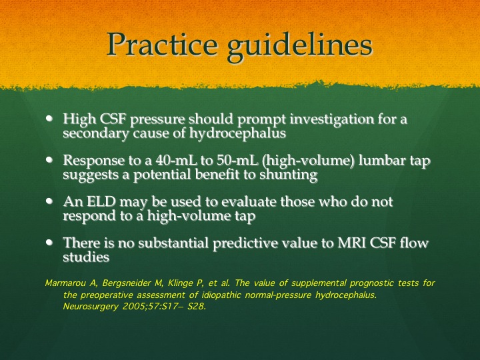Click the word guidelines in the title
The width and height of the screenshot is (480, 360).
coord(300,47)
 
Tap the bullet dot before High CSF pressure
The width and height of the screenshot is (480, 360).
coord(49,118)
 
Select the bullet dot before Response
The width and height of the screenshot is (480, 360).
coord(49,159)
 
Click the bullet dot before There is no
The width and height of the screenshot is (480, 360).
coord(49,242)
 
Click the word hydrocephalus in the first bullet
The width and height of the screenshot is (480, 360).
coord(237,134)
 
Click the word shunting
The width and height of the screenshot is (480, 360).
coord(289,175)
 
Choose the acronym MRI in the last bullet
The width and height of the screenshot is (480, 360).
coord(351,243)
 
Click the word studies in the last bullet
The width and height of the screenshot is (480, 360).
coord(86,257)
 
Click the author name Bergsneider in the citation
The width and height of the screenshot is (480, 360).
coord(127,284)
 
